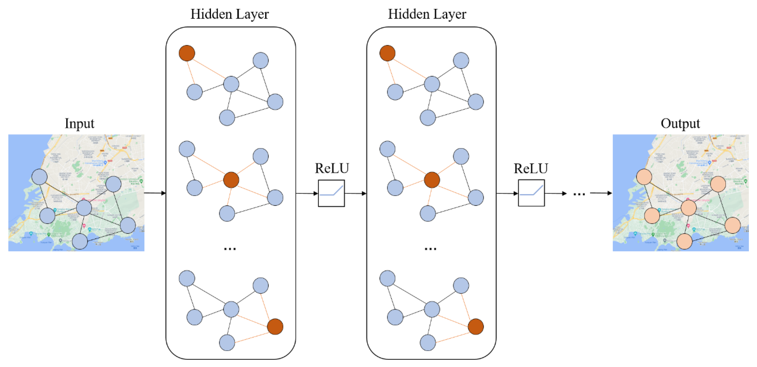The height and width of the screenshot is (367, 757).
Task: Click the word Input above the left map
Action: (79, 123)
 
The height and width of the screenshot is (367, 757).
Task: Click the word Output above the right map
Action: (680, 123)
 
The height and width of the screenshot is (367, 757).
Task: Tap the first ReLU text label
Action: (332, 168)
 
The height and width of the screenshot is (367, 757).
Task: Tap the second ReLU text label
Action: (531, 168)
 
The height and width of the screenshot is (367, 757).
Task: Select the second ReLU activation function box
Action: (531, 193)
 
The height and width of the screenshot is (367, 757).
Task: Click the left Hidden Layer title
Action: (229, 14)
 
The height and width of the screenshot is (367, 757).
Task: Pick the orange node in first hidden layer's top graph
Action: (187, 53)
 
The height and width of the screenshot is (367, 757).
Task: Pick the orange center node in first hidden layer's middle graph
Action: (231, 180)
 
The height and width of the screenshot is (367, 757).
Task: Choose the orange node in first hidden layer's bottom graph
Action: (275, 326)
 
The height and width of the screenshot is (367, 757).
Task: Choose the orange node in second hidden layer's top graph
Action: (387, 53)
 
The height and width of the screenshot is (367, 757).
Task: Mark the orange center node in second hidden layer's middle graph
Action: (432, 180)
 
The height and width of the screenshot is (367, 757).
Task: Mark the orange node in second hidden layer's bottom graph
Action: (475, 326)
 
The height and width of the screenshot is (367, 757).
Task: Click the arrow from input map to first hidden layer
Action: (155, 193)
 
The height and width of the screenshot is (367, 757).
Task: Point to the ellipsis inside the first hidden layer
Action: (229, 249)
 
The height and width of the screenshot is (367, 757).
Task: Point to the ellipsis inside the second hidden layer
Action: (430, 249)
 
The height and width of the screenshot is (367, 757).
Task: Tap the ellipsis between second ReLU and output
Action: (579, 194)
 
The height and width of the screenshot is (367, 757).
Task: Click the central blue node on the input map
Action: (84, 208)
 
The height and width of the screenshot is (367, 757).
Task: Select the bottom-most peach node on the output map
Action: (685, 241)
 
